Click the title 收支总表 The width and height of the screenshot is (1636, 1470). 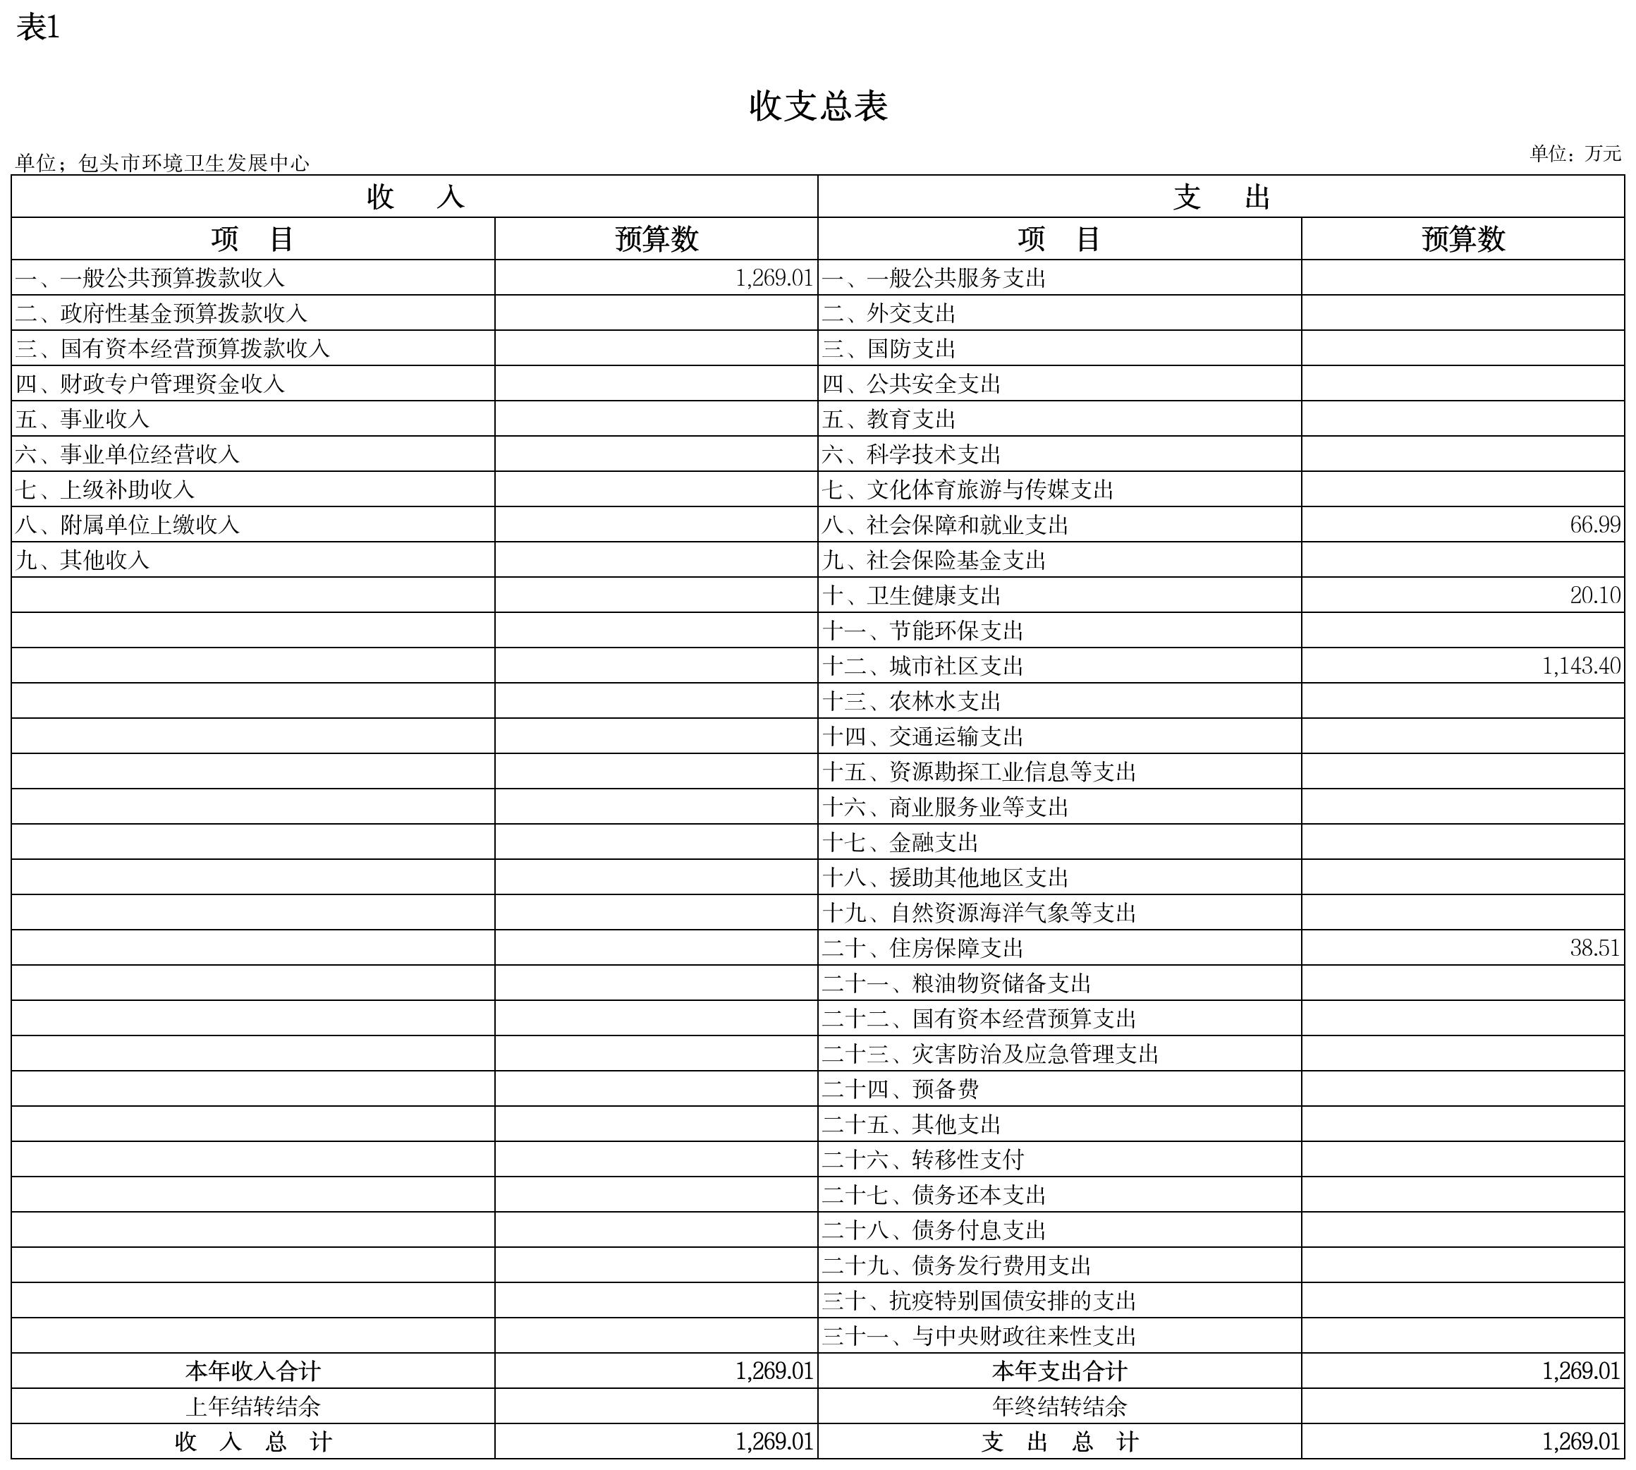click(x=818, y=106)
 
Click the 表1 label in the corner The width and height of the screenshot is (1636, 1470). click(x=38, y=28)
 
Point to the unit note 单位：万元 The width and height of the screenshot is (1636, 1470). click(x=1575, y=154)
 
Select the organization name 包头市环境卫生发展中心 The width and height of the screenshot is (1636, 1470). click(x=194, y=163)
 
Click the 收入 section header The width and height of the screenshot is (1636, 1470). click(x=414, y=197)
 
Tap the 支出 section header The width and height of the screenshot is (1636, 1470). click(x=1221, y=197)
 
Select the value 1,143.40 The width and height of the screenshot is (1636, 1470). click(x=1581, y=666)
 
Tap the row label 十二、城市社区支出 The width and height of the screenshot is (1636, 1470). click(x=923, y=667)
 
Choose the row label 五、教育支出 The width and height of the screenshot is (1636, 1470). click(x=889, y=419)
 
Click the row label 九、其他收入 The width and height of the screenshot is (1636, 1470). click(x=83, y=560)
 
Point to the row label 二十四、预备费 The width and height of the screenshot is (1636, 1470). click(x=901, y=1089)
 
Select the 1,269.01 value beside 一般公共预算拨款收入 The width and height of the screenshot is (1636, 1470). click(x=774, y=278)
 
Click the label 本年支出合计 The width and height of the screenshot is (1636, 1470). click(x=1059, y=1371)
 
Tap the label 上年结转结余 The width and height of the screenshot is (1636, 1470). click(x=252, y=1407)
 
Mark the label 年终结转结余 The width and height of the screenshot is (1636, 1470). click(x=1059, y=1407)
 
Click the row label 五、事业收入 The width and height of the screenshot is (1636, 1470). click(x=83, y=419)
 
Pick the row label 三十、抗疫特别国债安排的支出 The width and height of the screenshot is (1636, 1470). click(x=979, y=1301)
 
